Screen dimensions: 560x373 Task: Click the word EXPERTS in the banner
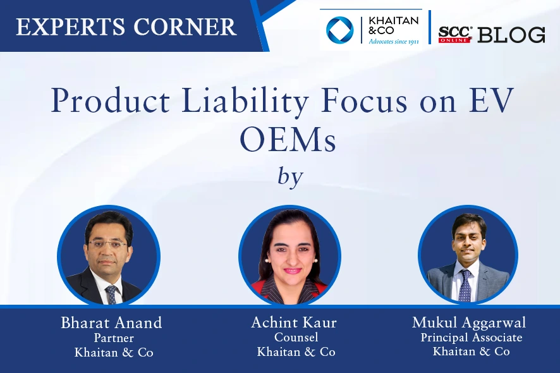(x=70, y=27)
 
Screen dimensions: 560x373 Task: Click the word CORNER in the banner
(x=185, y=27)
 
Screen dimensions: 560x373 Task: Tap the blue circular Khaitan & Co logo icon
(x=339, y=30)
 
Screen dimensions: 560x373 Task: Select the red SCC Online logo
(x=455, y=34)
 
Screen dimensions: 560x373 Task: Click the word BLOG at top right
(x=511, y=35)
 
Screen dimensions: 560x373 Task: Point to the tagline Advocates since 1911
(x=394, y=42)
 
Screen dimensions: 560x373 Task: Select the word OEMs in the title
(x=288, y=139)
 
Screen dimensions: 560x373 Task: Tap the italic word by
(x=290, y=177)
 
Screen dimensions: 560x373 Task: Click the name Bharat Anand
(x=111, y=322)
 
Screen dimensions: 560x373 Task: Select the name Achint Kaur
(x=294, y=322)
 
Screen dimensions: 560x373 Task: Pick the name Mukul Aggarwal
(x=469, y=322)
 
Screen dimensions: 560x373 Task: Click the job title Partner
(x=114, y=338)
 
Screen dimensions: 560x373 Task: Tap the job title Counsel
(x=296, y=337)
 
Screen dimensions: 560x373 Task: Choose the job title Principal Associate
(x=472, y=337)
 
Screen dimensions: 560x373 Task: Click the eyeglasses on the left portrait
(x=107, y=245)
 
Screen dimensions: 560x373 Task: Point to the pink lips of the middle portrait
(x=292, y=271)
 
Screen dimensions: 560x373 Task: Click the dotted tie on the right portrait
(x=465, y=286)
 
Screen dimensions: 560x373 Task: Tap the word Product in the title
(x=111, y=101)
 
